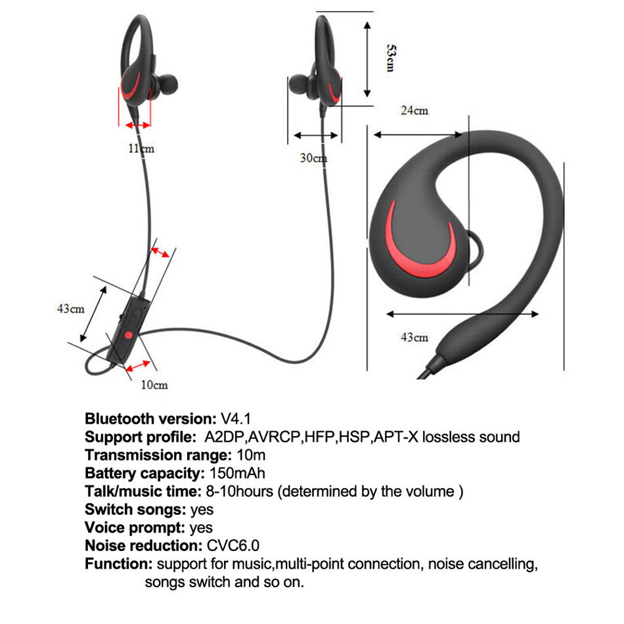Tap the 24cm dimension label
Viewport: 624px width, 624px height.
(414, 110)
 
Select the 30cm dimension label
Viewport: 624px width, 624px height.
(313, 158)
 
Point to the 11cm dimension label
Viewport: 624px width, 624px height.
(141, 148)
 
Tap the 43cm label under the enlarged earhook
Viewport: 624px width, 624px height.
(414, 337)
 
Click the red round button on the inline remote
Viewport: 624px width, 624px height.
(129, 336)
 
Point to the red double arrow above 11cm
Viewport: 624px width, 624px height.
(138, 125)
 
